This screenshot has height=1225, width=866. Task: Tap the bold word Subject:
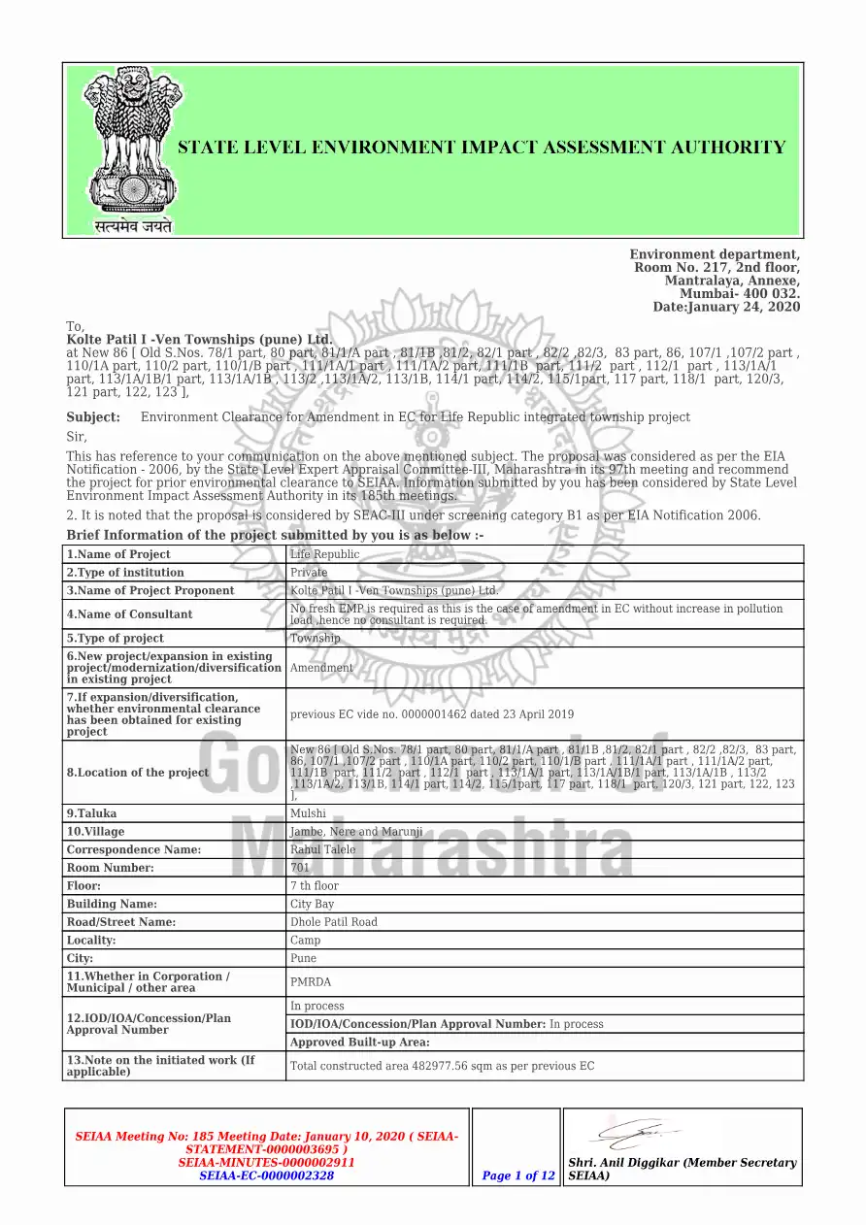pyautogui.click(x=93, y=417)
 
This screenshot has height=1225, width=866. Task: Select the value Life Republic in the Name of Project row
pyautogui.click(x=325, y=554)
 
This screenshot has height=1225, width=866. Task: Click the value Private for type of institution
pyautogui.click(x=310, y=573)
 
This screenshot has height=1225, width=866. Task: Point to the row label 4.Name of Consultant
pyautogui.click(x=129, y=614)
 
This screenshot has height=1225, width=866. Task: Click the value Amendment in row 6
pyautogui.click(x=322, y=668)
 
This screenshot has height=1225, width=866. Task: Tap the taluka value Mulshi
pyautogui.click(x=309, y=813)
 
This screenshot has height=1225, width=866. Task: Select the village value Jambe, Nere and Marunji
pyautogui.click(x=356, y=832)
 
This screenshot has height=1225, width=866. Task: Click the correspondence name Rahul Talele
pyautogui.click(x=323, y=850)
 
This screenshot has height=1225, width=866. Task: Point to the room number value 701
pyautogui.click(x=300, y=868)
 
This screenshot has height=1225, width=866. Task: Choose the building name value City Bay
pyautogui.click(x=313, y=905)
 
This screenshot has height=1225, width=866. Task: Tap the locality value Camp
pyautogui.click(x=306, y=941)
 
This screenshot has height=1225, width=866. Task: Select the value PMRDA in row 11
pyautogui.click(x=311, y=982)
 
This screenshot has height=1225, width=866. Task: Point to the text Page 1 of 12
pyautogui.click(x=518, y=1175)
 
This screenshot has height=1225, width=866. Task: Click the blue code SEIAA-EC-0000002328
pyautogui.click(x=267, y=1175)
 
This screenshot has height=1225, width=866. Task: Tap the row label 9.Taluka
pyautogui.click(x=91, y=813)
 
